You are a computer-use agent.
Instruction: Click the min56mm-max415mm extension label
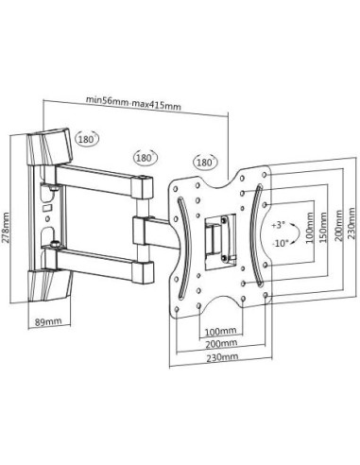(x=134, y=103)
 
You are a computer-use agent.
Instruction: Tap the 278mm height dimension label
(x=6, y=228)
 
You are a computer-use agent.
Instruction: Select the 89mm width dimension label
(x=48, y=322)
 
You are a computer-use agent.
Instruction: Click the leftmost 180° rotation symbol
(x=87, y=138)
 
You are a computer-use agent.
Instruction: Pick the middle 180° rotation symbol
(x=146, y=158)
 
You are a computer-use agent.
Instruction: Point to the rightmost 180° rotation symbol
(x=206, y=163)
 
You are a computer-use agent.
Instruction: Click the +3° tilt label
(x=278, y=225)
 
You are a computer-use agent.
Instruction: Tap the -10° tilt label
(x=279, y=244)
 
